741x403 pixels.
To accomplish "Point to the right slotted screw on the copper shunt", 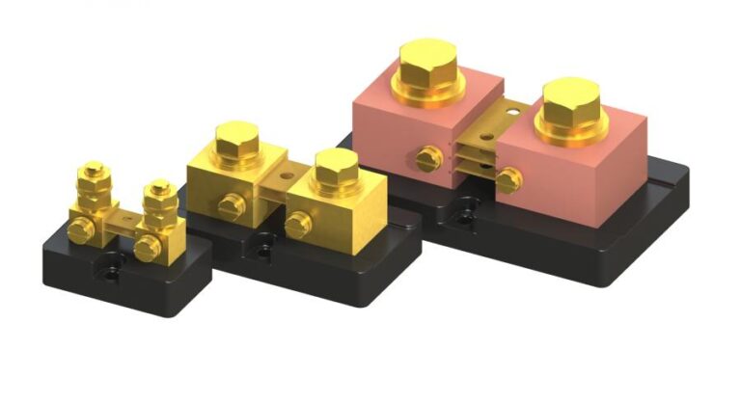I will [508, 179].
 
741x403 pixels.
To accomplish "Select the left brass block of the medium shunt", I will [217, 183].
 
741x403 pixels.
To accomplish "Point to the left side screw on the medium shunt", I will [229, 204].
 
